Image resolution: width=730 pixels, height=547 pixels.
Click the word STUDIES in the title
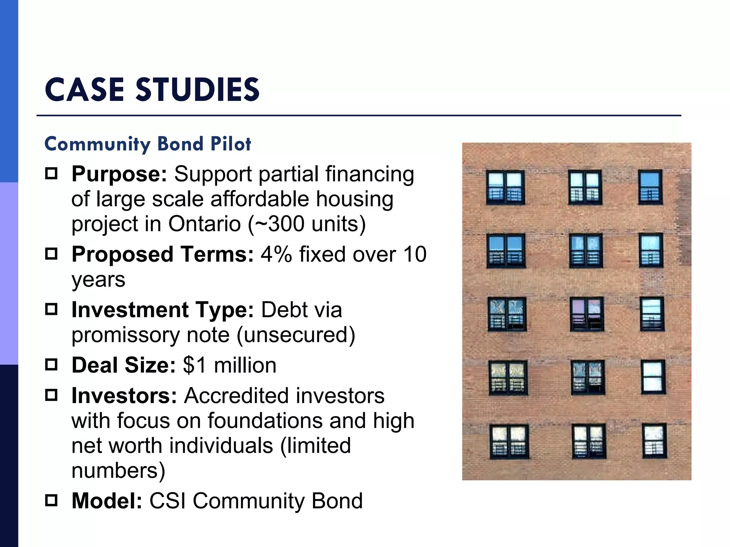(x=197, y=90)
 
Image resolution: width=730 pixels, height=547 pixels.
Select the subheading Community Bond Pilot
(x=148, y=144)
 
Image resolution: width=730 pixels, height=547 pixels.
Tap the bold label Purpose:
(x=119, y=174)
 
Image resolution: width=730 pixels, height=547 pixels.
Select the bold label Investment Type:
(x=163, y=310)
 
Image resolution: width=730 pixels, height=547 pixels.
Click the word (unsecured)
(x=296, y=335)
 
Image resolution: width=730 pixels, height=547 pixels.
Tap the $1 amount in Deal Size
(x=195, y=365)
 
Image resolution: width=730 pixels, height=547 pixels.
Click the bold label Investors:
(x=124, y=396)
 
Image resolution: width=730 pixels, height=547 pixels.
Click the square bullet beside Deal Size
(x=51, y=365)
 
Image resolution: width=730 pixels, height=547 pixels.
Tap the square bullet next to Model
(x=51, y=500)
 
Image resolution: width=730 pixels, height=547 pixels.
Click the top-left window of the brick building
(x=505, y=187)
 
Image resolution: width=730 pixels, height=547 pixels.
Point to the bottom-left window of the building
(x=509, y=441)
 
